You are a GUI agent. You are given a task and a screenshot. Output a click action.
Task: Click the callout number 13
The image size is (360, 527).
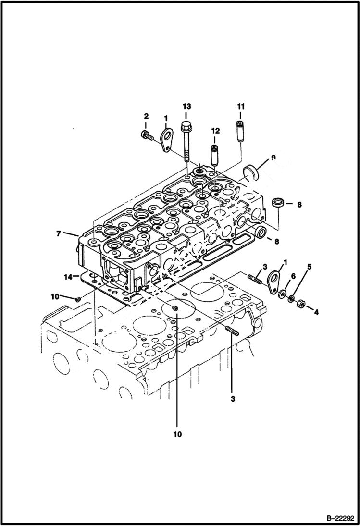pyautogui.click(x=186, y=106)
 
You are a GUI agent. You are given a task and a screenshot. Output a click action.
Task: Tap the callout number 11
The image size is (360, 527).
pyautogui.click(x=240, y=106)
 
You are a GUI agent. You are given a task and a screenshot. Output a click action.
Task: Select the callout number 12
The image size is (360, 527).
pyautogui.click(x=214, y=131)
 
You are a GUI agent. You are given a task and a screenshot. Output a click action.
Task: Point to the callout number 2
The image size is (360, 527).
pyautogui.click(x=146, y=116)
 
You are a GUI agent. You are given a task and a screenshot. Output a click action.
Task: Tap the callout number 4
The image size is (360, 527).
pyautogui.click(x=316, y=312)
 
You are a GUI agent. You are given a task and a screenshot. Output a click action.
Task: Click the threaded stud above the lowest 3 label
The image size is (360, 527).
pyautogui.click(x=231, y=331)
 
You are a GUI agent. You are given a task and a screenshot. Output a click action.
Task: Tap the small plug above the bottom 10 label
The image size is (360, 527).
pyautogui.click(x=175, y=308)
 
